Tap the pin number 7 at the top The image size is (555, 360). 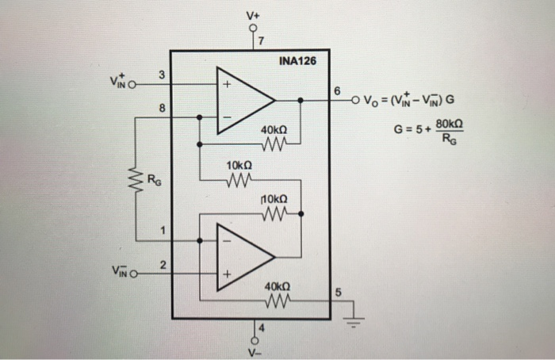pos(262,41)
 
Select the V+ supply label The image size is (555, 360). pos(252,13)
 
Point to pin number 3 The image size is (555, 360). pos(162,75)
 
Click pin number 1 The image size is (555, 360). pos(162,232)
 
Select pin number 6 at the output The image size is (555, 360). pos(339,92)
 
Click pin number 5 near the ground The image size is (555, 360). pos(339,293)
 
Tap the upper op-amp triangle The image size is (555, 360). pos(243,101)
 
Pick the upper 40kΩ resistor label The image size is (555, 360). pos(273,129)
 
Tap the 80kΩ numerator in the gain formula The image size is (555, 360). pos(448,125)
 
